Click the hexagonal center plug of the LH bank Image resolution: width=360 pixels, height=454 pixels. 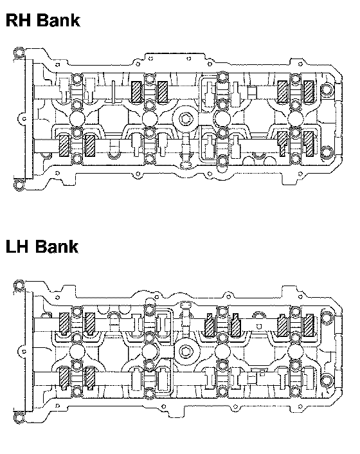tap(186, 352)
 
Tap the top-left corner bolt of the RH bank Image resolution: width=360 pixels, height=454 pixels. tap(19, 53)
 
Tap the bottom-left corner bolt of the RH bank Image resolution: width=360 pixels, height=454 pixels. tap(19, 185)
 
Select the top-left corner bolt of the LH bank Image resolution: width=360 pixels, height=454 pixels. tap(19, 286)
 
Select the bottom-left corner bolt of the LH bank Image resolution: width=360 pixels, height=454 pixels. tap(19, 417)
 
